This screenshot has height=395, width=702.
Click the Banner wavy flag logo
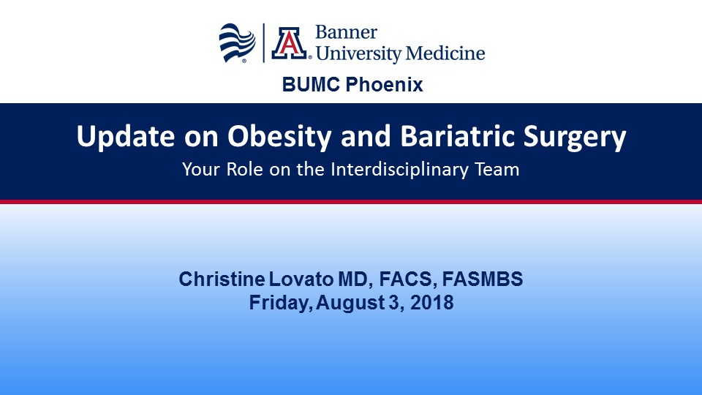pyautogui.click(x=237, y=43)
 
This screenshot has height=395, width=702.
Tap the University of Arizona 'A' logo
pyautogui.click(x=290, y=43)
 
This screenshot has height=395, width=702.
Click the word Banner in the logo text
pyautogui.click(x=346, y=32)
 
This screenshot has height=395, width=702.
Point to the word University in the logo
pyautogui.click(x=358, y=54)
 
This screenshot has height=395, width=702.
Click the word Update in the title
pyautogui.click(x=125, y=136)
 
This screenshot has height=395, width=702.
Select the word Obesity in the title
pyautogui.click(x=279, y=136)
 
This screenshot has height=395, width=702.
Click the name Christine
pyautogui.click(x=222, y=279)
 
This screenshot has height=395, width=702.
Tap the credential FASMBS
pyautogui.click(x=483, y=279)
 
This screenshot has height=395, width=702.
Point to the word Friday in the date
pyautogui.click(x=281, y=303)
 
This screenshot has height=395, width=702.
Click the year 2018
pyautogui.click(x=431, y=303)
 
